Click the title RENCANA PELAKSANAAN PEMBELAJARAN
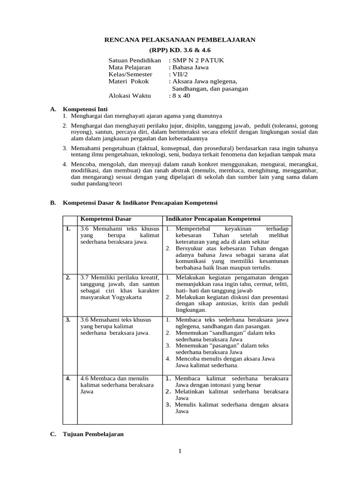(180, 40)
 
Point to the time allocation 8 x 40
(181, 96)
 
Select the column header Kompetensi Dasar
(106, 219)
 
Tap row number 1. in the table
(69, 228)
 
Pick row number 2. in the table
(69, 277)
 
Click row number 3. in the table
(69, 319)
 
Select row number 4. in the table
(69, 377)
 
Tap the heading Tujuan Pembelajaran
(93, 434)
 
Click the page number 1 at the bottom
(180, 451)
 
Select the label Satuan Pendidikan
(135, 60)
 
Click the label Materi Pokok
(128, 81)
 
